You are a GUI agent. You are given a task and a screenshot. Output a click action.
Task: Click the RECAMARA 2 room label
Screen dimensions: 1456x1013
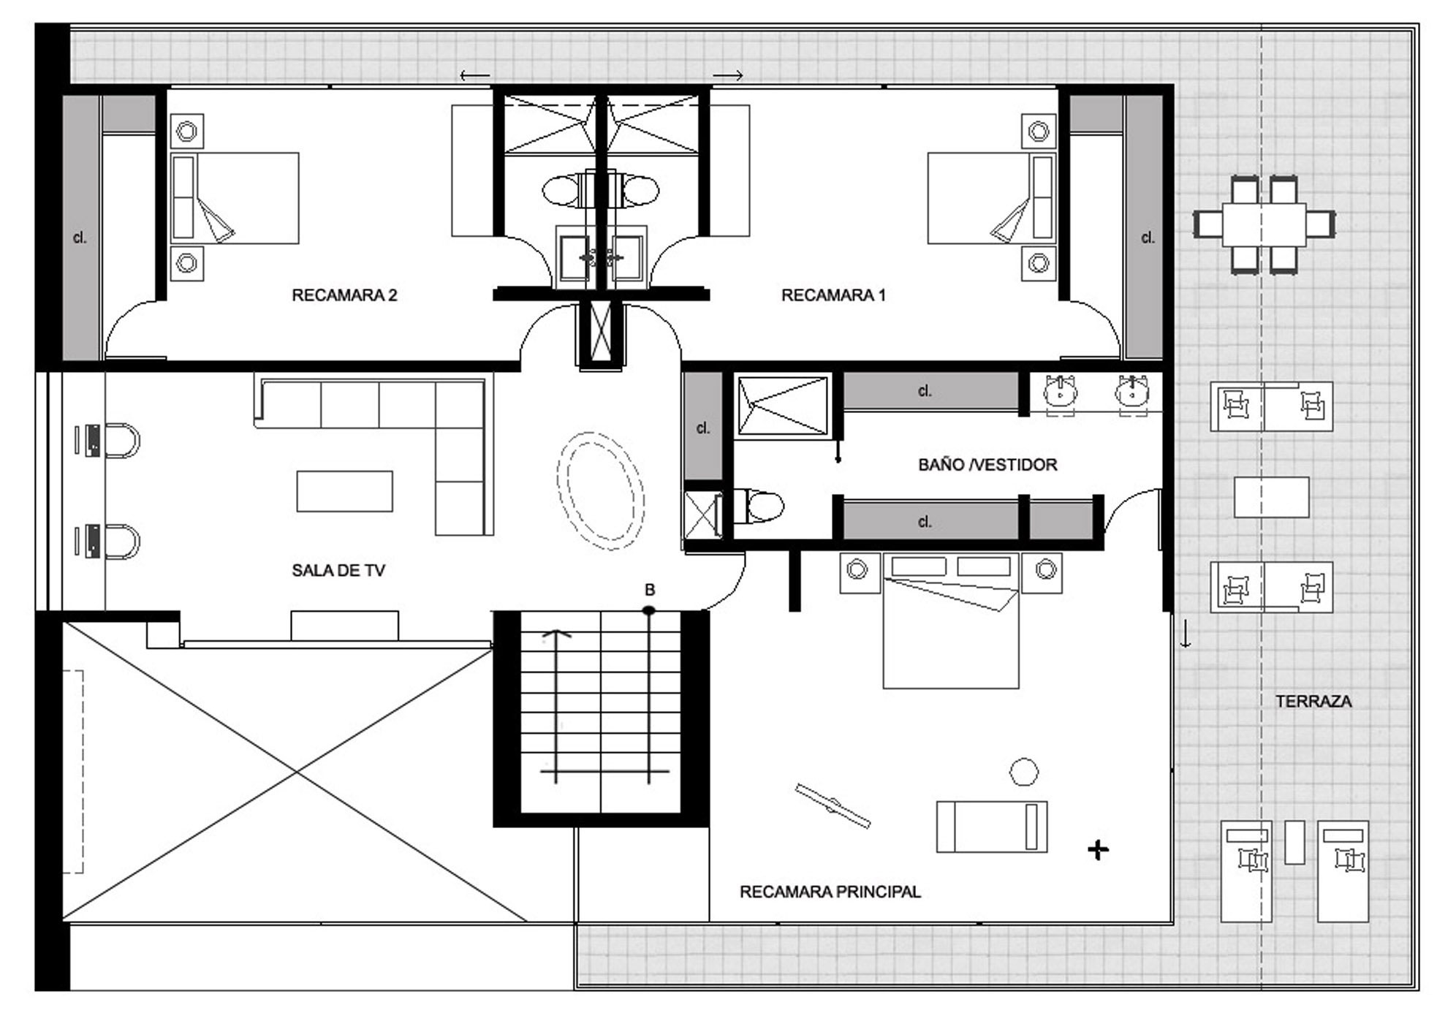click(x=344, y=295)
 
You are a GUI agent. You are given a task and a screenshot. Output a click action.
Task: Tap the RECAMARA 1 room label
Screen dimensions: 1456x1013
click(x=833, y=295)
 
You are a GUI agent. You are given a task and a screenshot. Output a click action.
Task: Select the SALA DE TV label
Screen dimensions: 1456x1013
click(x=338, y=571)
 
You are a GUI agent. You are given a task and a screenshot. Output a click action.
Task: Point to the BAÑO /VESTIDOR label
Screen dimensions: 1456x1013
click(x=987, y=465)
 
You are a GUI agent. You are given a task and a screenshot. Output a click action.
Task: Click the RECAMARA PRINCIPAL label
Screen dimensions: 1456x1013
click(x=830, y=892)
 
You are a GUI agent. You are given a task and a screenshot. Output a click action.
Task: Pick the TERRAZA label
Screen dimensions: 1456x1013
click(x=1313, y=702)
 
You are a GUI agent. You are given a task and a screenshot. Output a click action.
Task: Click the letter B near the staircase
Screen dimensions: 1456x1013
click(x=649, y=590)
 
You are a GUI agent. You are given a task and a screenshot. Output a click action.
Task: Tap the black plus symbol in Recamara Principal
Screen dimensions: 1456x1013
click(x=1098, y=849)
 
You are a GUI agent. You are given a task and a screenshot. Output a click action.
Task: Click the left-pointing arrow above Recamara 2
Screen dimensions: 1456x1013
click(x=475, y=75)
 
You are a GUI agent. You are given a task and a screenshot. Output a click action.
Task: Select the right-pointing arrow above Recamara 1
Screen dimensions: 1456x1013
click(x=729, y=75)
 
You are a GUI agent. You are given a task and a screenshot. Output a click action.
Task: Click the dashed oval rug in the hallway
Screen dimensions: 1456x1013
click(x=600, y=491)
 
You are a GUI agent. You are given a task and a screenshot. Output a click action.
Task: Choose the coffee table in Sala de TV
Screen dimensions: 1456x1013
click(x=344, y=491)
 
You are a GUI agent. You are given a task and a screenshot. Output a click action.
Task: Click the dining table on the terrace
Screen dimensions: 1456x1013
click(x=1264, y=224)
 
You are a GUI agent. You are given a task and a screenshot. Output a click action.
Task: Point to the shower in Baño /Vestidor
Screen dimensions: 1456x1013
click(x=783, y=406)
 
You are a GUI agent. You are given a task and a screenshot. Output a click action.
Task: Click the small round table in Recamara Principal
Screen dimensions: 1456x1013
click(x=1024, y=771)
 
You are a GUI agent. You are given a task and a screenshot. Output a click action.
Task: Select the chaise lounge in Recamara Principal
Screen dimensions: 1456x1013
click(x=992, y=827)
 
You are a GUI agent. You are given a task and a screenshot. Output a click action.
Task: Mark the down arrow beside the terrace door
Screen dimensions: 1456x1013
click(x=1186, y=632)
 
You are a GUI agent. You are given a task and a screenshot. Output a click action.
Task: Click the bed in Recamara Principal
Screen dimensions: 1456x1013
click(x=951, y=621)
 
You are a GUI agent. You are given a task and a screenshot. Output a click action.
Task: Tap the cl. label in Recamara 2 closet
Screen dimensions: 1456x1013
click(x=80, y=238)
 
